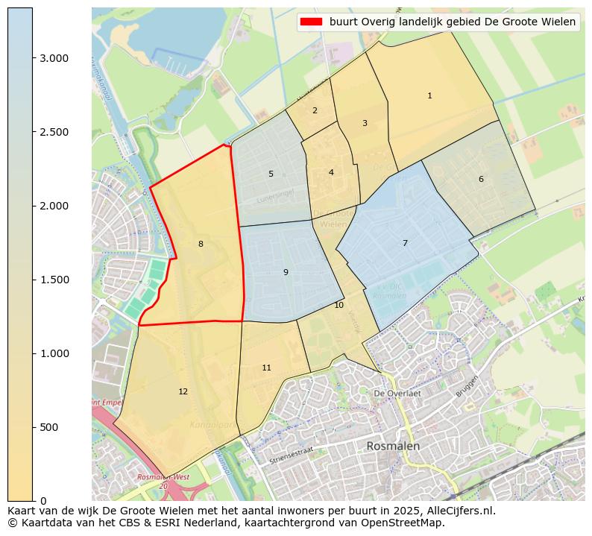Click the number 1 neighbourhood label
[x=429, y=95]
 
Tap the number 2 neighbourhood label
[x=315, y=110]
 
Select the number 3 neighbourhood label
[x=365, y=123]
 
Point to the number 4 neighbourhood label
[x=331, y=172]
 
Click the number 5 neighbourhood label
[x=271, y=174]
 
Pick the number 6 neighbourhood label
[x=481, y=179]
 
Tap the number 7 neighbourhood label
[x=405, y=243]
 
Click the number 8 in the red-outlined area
[x=201, y=244]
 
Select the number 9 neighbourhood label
[x=286, y=272]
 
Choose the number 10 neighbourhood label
[x=338, y=305]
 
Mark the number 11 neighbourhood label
[x=266, y=368]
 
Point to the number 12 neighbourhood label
[x=183, y=391]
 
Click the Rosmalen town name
[x=393, y=446]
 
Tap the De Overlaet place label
[x=397, y=393]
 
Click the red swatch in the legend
[x=312, y=22]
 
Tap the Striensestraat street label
[x=292, y=455]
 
